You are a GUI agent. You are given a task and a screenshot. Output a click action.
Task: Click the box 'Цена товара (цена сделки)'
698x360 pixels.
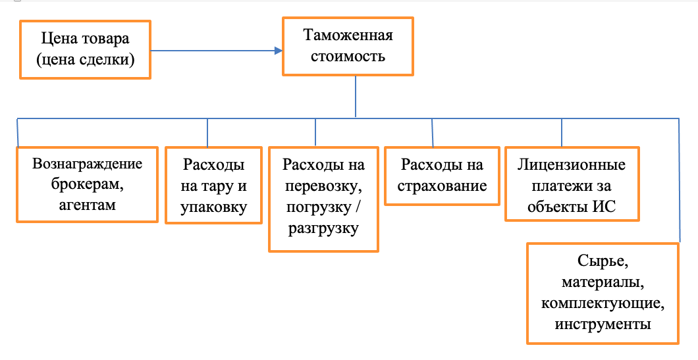(86, 49)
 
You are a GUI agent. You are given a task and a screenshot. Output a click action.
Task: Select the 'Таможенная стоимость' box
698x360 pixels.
(347, 45)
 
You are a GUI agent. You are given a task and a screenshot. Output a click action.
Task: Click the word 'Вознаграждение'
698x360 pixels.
(87, 164)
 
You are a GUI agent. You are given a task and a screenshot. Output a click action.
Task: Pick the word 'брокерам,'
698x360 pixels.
(87, 184)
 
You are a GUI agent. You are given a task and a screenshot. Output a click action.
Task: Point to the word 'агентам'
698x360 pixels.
(87, 205)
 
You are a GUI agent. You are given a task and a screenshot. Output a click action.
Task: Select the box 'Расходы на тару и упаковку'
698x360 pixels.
(213, 185)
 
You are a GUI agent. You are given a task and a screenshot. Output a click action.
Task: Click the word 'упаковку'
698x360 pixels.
(213, 208)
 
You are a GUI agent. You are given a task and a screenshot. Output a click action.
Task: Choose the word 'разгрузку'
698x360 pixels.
(323, 228)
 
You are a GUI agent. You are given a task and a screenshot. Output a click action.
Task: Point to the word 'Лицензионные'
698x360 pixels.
(572, 165)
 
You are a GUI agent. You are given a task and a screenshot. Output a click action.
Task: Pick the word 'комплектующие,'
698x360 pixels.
(603, 303)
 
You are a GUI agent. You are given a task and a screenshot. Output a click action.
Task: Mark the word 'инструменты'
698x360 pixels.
(603, 324)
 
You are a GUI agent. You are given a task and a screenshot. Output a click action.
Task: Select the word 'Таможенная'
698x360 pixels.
(347, 35)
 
